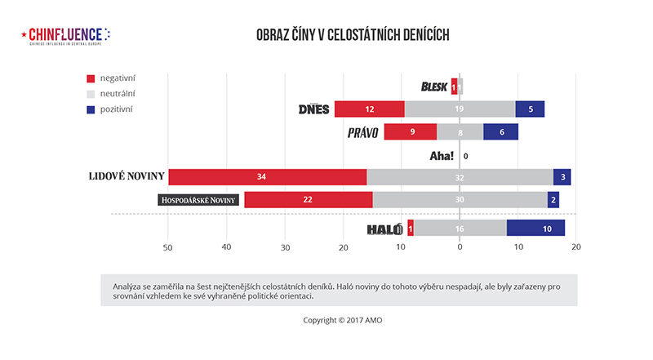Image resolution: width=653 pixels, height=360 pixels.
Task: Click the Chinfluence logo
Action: [64, 35]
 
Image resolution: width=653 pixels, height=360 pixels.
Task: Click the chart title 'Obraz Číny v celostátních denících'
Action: [353, 35]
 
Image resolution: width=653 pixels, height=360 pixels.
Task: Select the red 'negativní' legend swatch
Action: [91, 78]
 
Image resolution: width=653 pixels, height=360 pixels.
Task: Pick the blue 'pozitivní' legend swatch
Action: [91, 109]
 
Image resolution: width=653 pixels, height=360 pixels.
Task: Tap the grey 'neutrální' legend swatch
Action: [91, 94]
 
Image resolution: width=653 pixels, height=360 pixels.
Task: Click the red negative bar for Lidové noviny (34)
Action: [267, 177]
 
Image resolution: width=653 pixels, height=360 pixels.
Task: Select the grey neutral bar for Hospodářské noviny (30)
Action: [460, 200]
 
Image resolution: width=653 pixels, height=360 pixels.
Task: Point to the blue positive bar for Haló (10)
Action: [535, 229]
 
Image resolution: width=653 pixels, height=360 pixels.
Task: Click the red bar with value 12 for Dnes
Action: [369, 109]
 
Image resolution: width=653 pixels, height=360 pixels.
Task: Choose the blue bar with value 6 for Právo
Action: [500, 131]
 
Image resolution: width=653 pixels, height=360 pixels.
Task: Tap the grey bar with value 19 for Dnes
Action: [460, 109]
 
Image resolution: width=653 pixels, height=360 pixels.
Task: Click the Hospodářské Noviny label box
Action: [198, 200]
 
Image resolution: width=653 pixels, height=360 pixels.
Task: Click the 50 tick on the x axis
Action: [168, 247]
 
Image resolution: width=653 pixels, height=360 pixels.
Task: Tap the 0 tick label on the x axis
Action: [460, 247]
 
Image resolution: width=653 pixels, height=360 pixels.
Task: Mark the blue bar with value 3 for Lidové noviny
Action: [562, 177]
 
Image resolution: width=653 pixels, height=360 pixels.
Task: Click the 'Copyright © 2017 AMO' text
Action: [342, 320]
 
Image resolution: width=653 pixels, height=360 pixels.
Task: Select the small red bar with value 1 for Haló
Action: [411, 229]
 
